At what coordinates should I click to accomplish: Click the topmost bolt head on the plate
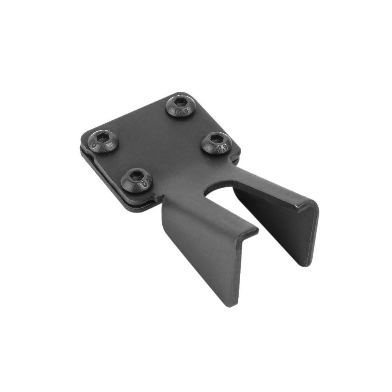(x=180, y=105)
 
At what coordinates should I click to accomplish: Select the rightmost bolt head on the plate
(x=216, y=143)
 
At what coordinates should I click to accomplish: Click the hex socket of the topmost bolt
(x=180, y=102)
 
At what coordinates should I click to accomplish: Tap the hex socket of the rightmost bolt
(x=216, y=139)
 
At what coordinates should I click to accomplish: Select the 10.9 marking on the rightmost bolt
(x=221, y=149)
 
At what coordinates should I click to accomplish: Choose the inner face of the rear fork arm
(x=274, y=223)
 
